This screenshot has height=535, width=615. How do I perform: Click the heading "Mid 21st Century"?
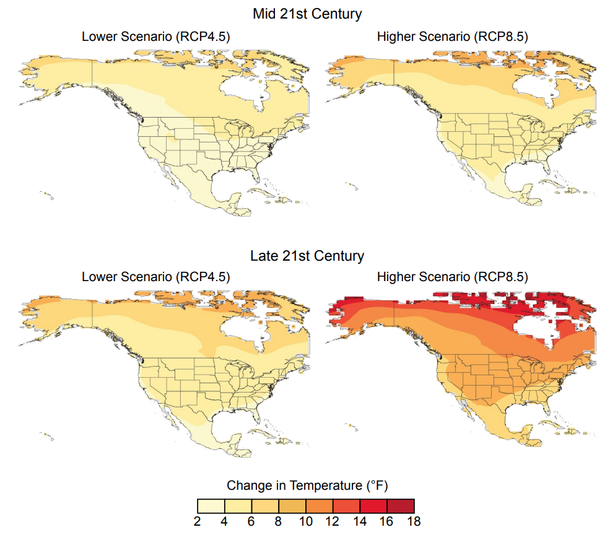(307, 14)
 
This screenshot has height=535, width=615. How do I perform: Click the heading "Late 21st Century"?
(307, 255)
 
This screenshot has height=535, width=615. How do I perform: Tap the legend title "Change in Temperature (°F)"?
(307, 484)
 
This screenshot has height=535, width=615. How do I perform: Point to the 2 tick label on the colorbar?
(198, 521)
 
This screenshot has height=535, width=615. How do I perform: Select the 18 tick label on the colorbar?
(414, 521)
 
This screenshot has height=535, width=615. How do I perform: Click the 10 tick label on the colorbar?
(306, 521)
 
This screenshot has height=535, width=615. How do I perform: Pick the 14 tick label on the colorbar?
(360, 521)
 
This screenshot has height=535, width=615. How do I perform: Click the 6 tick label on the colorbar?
(251, 521)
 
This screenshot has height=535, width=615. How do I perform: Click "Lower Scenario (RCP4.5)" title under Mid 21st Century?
(156, 37)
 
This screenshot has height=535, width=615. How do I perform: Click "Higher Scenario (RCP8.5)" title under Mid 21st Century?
(452, 37)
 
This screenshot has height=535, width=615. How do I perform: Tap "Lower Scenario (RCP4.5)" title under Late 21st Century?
(156, 277)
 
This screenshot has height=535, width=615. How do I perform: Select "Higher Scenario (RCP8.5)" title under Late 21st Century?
(452, 277)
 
